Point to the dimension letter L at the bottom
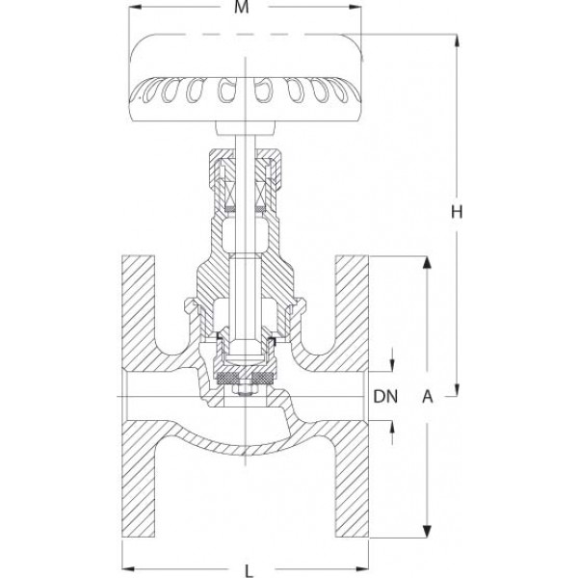point(248,570)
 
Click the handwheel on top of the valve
point(248,77)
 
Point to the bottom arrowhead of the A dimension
point(426,530)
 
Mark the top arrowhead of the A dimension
point(426,262)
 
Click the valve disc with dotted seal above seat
point(246,378)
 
